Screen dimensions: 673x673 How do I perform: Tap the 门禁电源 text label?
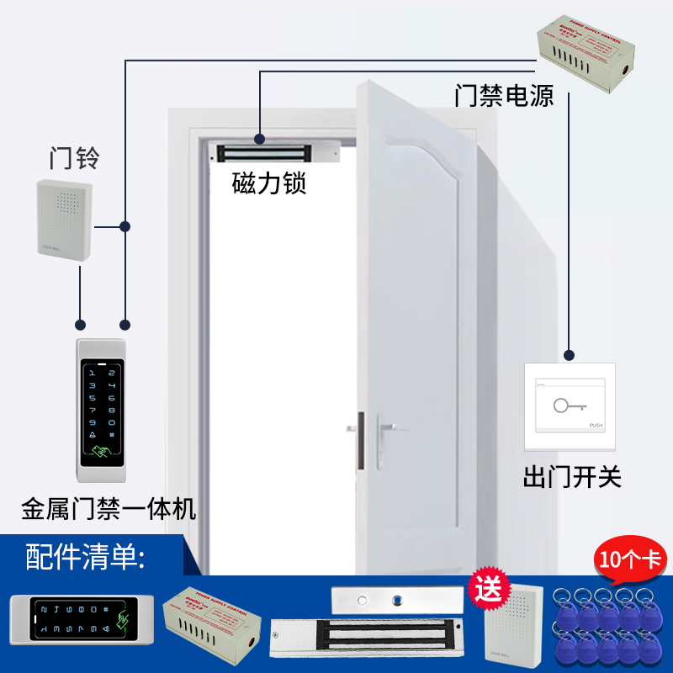pyautogui.click(x=504, y=95)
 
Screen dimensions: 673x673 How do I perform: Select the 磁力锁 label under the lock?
pyautogui.click(x=269, y=183)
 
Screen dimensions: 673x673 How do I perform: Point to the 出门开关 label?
pyautogui.click(x=572, y=478)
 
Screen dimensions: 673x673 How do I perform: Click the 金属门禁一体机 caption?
pyautogui.click(x=109, y=509)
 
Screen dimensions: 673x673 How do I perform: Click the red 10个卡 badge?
pyautogui.click(x=629, y=558)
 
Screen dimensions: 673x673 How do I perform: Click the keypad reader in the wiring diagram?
pyautogui.click(x=101, y=411)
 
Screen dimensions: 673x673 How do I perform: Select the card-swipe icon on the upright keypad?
pyautogui.click(x=102, y=452)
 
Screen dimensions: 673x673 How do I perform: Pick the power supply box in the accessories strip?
pyautogui.click(x=214, y=622)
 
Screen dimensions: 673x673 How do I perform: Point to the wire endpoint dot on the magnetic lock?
pyautogui.click(x=260, y=137)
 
